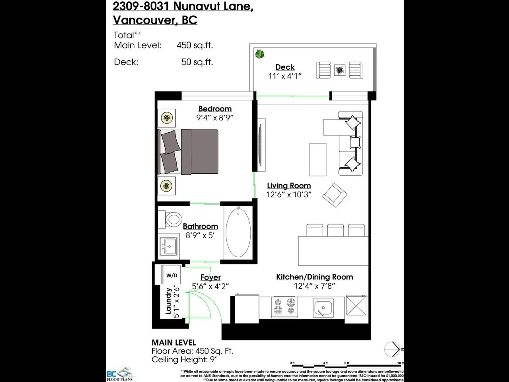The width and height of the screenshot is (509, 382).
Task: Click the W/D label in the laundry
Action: coord(172,275)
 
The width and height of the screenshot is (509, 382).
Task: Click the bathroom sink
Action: coord(169,246)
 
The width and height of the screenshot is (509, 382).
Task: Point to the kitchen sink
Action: coord(323,308)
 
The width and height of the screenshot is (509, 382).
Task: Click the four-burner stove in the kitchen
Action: coord(284,307)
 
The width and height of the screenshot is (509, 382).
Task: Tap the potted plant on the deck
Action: coord(260,54)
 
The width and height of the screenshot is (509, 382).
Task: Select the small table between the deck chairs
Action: coord(340,70)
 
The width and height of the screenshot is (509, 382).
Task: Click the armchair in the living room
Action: coord(335,195)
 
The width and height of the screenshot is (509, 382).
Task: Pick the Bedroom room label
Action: coord(215,109)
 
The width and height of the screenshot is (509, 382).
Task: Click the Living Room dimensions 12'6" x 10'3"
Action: coord(289,194)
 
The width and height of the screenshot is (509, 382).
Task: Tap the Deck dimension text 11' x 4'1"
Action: coord(285,76)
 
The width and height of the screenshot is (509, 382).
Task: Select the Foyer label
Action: coord(210,277)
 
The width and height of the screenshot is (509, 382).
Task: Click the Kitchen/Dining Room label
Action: coord(315,277)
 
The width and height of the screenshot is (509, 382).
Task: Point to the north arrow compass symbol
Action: coord(392,349)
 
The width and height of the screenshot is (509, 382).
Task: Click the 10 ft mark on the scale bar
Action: coord(400,363)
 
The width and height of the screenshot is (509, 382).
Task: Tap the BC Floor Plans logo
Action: coord(120,374)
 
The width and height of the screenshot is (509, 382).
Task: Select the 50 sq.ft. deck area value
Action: coord(197,62)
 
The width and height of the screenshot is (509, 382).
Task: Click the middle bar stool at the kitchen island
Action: coord(336,230)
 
